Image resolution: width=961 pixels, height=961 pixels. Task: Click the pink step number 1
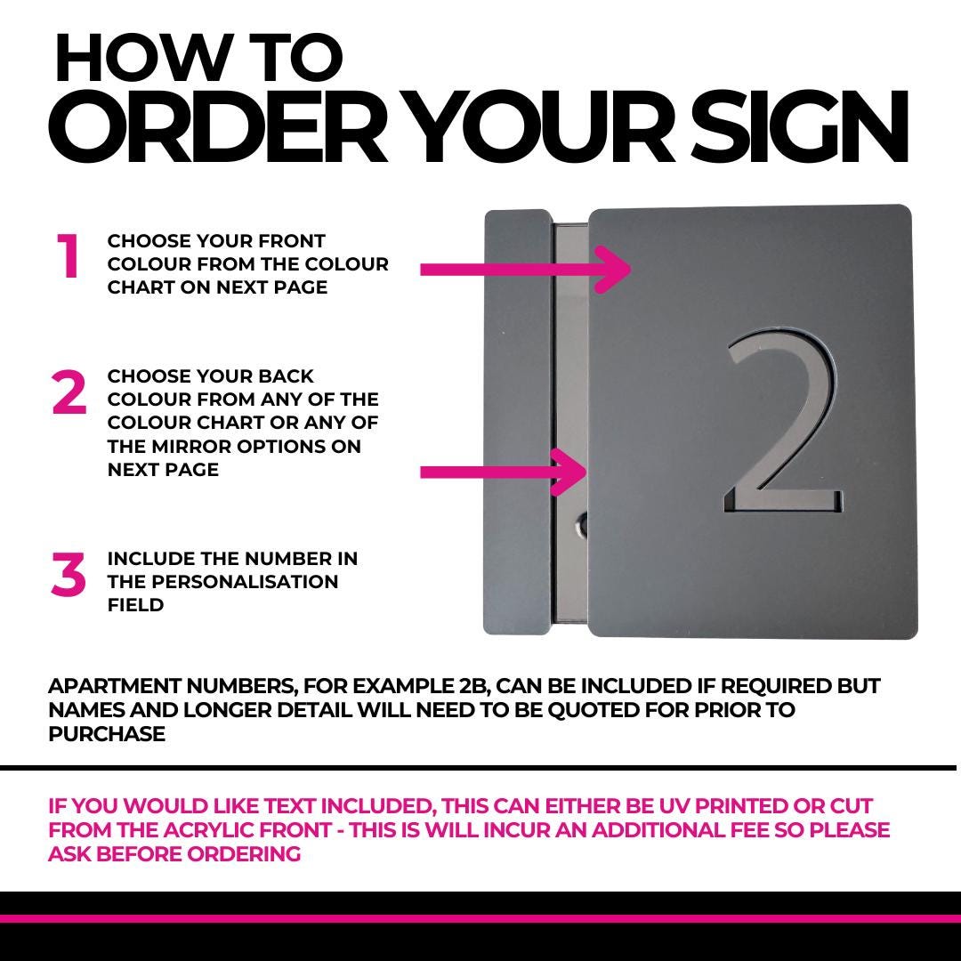tap(68, 256)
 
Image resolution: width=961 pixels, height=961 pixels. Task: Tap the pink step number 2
tap(69, 392)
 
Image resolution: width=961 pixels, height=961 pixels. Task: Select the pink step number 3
tap(69, 574)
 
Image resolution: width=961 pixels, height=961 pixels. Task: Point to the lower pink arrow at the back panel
tap(504, 472)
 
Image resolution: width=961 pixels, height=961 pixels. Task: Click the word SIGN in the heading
tap(799, 126)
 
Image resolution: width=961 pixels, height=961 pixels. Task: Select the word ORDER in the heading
tap(218, 126)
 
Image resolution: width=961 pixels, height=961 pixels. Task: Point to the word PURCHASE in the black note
tap(107, 733)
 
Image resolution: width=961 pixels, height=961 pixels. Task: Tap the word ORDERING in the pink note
tap(244, 853)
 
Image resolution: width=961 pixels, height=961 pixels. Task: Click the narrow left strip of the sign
tap(519, 423)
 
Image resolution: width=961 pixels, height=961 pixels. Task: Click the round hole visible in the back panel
tap(582, 525)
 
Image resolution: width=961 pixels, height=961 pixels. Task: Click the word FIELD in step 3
tap(135, 605)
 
